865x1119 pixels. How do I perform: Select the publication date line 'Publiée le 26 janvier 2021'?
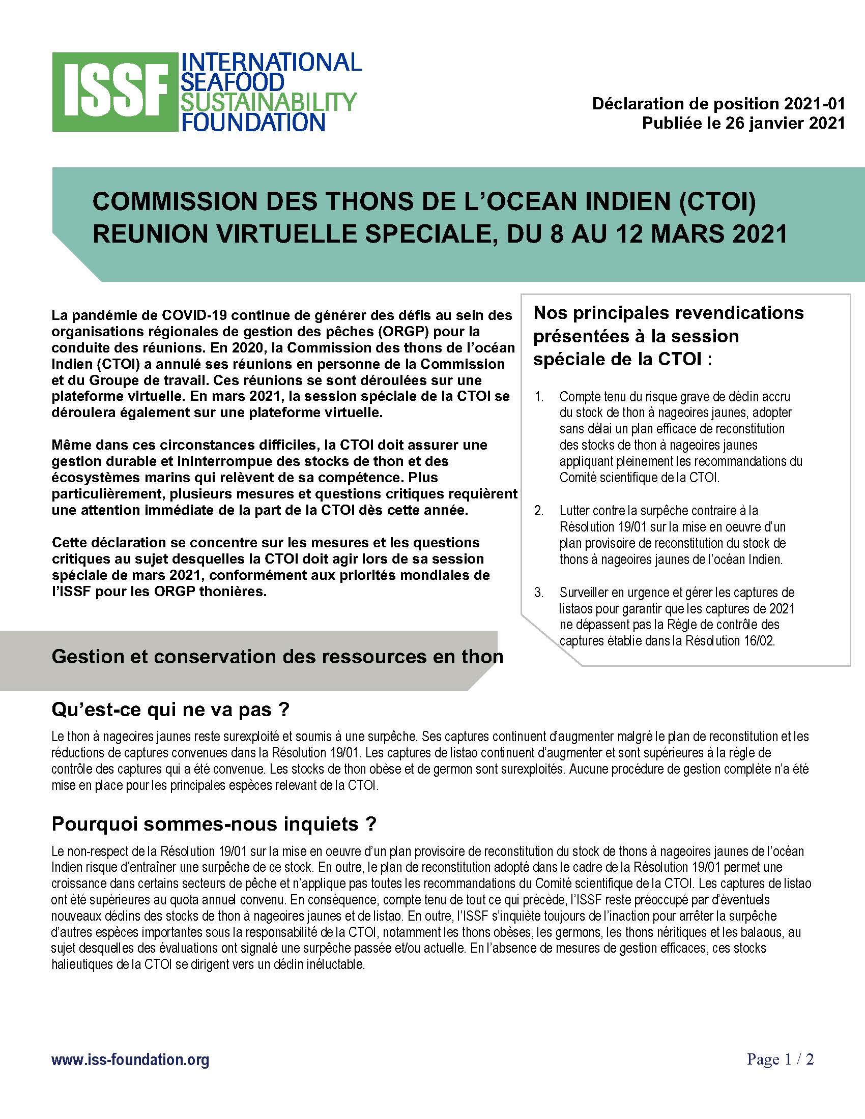743,123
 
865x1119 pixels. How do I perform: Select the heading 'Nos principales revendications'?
669,312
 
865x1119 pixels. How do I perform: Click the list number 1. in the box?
538,397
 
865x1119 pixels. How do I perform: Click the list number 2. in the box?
538,510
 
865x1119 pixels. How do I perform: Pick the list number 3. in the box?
538,592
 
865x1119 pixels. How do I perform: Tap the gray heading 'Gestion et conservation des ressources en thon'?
277,656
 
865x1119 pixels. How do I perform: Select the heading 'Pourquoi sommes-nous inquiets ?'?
214,824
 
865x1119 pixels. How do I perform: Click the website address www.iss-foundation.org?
130,1059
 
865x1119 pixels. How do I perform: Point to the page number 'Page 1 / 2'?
780,1058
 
